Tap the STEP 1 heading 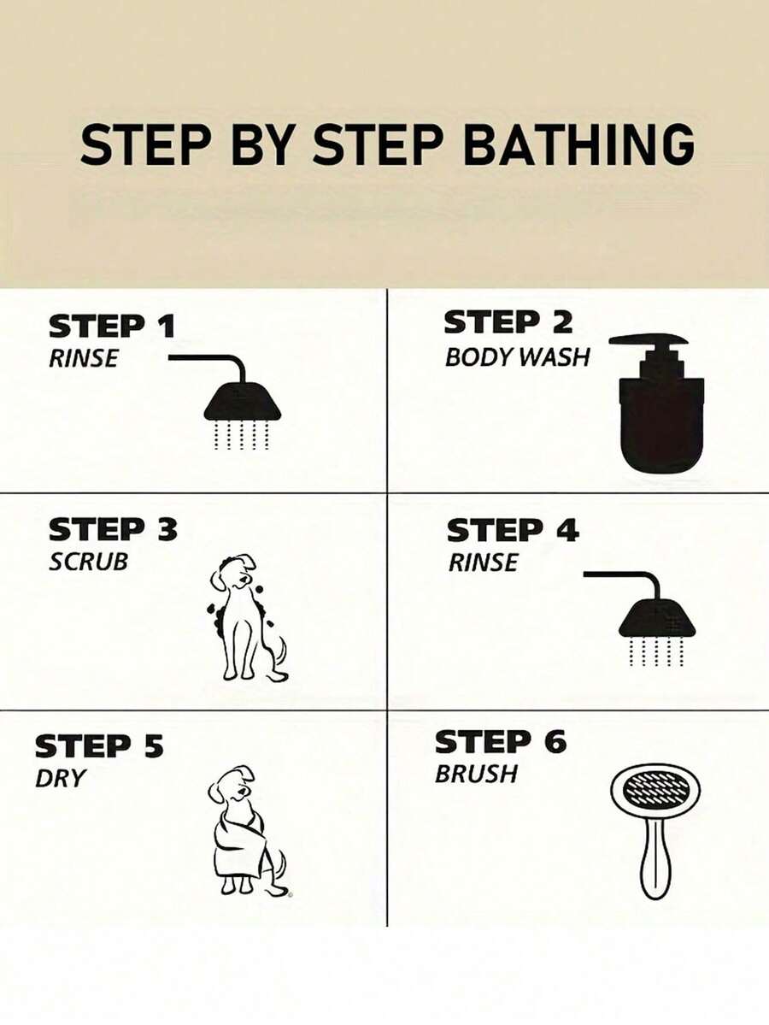click(113, 327)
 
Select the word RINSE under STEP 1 click(84, 358)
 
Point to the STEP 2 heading click(508, 322)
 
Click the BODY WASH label click(518, 357)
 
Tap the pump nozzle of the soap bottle click(649, 340)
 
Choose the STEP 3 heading click(113, 529)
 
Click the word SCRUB click(88, 562)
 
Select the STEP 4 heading click(513, 530)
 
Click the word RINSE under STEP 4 click(483, 563)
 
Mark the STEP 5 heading click(98, 746)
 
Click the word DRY click(60, 779)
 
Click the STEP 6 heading click(501, 742)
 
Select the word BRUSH click(476, 774)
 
